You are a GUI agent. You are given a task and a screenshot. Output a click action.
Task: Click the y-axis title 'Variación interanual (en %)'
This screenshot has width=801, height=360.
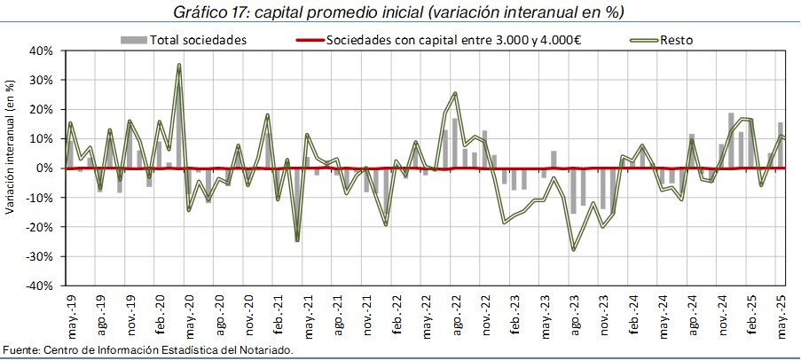click(x=10, y=147)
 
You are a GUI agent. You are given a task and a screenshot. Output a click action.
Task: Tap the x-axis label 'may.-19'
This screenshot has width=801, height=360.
click(x=72, y=311)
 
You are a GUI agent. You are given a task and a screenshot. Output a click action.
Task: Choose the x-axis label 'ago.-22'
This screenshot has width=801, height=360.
click(x=456, y=311)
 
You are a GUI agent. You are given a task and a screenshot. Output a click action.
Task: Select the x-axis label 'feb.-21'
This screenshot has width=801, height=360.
click(x=279, y=311)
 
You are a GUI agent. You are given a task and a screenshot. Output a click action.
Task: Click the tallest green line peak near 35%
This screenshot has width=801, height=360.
click(x=179, y=65)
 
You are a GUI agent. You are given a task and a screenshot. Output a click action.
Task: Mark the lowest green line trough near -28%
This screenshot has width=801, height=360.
click(x=573, y=250)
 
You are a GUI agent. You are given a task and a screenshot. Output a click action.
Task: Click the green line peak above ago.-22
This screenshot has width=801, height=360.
click(x=455, y=93)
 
